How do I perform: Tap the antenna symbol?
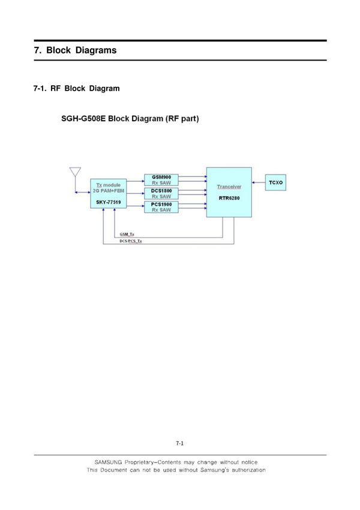pyautogui.click(x=75, y=173)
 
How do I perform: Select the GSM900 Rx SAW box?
pyautogui.click(x=161, y=179)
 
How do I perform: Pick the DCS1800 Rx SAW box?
pyautogui.click(x=161, y=193)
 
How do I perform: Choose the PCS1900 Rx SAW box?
pyautogui.click(x=161, y=207)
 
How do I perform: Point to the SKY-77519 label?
pyautogui.click(x=109, y=204)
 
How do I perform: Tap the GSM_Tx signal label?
pyautogui.click(x=127, y=234)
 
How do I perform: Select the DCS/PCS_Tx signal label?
pyautogui.click(x=131, y=241)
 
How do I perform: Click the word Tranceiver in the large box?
pyautogui.click(x=229, y=187)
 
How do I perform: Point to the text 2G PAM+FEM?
pyautogui.click(x=109, y=191)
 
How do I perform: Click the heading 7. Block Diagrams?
pyautogui.click(x=75, y=50)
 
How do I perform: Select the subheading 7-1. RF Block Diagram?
pyautogui.click(x=76, y=88)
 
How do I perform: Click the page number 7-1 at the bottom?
pyautogui.click(x=179, y=444)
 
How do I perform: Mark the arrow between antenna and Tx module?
pyautogui.click(x=82, y=193)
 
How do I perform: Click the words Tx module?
pyautogui.click(x=109, y=185)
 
